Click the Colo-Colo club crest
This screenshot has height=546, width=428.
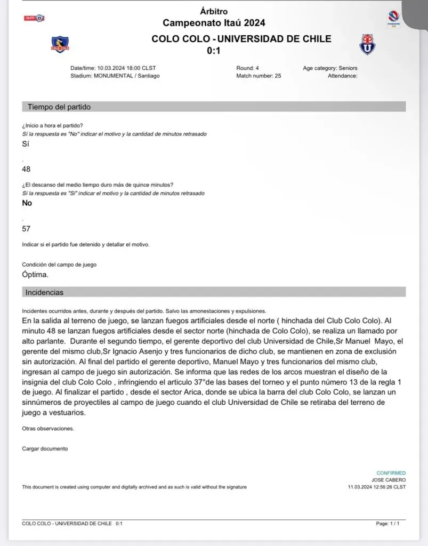click(60, 44)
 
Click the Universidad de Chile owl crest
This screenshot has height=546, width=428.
click(367, 44)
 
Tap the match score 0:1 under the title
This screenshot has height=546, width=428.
click(214, 51)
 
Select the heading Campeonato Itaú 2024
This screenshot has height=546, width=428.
click(214, 22)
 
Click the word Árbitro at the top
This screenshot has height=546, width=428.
click(214, 11)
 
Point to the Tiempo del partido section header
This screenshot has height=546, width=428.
click(59, 107)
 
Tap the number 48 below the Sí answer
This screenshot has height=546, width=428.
click(26, 169)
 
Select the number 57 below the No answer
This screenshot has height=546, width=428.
click(26, 229)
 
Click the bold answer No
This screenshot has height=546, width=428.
click(27, 203)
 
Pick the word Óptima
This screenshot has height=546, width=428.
click(35, 275)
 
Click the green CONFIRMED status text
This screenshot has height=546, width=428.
click(391, 473)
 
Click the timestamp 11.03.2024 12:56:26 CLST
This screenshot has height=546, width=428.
click(376, 487)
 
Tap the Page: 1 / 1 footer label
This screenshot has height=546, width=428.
click(387, 524)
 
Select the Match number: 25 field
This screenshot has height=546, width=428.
click(259, 76)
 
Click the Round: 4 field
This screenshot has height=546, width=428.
click(247, 68)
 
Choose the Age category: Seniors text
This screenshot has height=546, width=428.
click(330, 68)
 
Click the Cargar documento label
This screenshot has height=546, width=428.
click(45, 448)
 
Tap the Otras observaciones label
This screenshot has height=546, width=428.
click(48, 428)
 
